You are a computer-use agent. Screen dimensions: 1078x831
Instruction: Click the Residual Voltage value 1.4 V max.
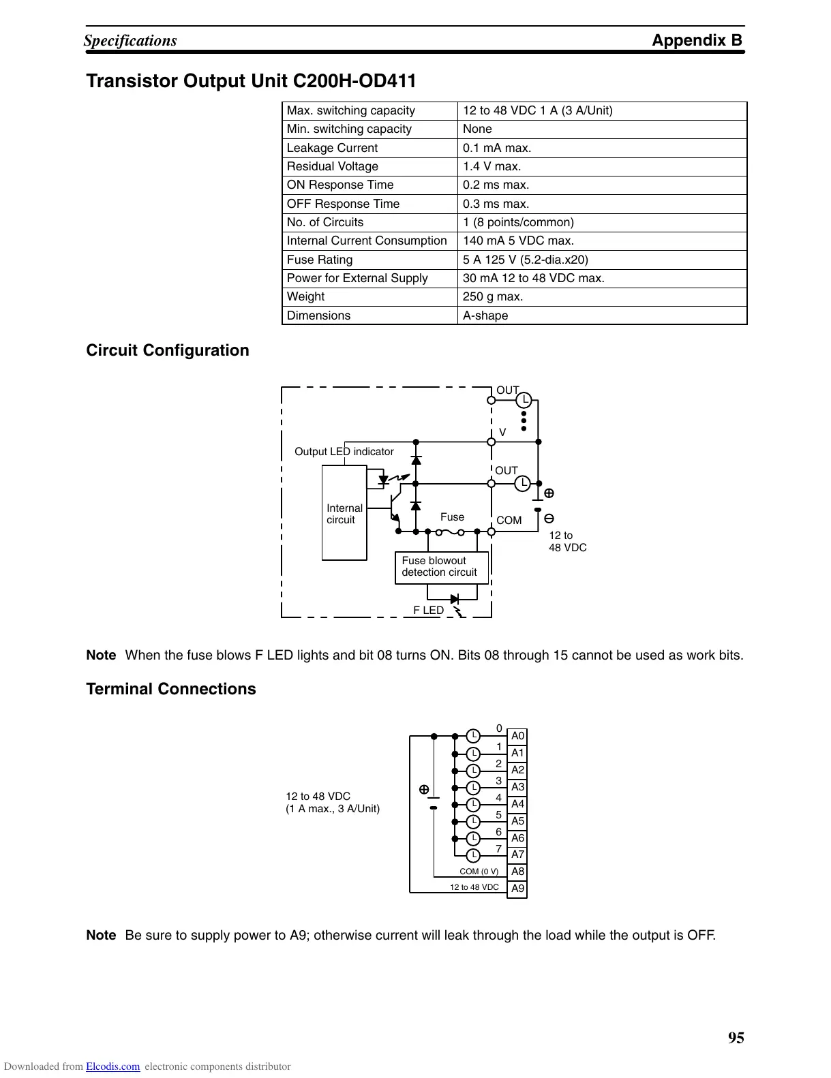(492, 166)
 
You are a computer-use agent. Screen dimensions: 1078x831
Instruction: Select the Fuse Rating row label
(320, 260)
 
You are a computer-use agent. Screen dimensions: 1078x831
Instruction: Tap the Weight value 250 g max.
(493, 296)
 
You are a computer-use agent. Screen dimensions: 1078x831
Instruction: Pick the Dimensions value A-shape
(485, 315)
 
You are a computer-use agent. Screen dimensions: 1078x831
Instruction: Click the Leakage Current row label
(332, 148)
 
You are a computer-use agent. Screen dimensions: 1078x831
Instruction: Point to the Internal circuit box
(344, 514)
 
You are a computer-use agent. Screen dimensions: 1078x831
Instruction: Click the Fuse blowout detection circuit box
(441, 567)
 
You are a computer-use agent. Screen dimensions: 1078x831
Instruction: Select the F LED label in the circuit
(428, 611)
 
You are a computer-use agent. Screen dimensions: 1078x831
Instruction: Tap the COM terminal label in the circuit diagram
(509, 521)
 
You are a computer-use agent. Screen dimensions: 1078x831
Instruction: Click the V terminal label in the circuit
(502, 433)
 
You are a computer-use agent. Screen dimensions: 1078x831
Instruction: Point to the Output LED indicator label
(344, 452)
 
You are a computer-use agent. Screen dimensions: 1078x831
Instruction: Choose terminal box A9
(517, 889)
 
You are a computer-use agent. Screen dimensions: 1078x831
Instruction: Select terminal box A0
(517, 736)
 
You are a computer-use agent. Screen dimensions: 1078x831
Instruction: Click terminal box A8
(517, 872)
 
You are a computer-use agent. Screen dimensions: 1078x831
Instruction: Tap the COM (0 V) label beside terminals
(479, 872)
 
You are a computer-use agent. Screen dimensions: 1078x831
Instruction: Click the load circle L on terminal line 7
(473, 854)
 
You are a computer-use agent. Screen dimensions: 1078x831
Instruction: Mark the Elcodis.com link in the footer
(113, 1067)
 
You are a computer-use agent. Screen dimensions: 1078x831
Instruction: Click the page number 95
(736, 1038)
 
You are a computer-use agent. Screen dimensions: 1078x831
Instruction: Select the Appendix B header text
(697, 40)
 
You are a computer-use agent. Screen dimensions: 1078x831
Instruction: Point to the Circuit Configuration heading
(168, 350)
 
